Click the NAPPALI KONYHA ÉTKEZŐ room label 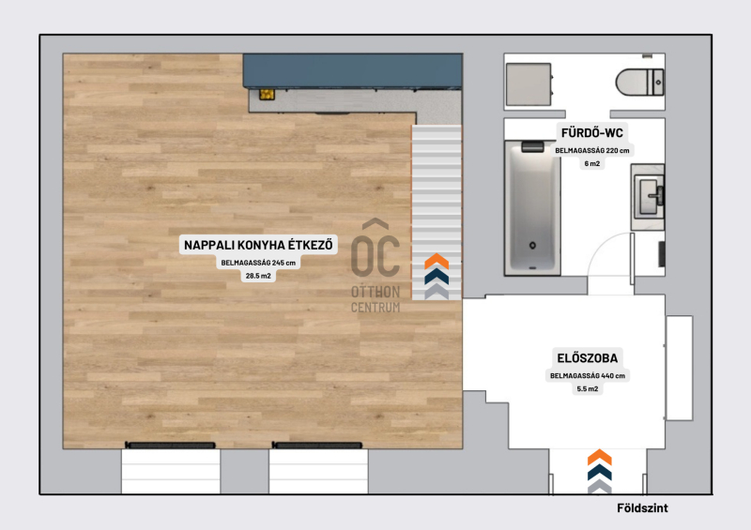pos(258,245)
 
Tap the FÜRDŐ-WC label pos(592,132)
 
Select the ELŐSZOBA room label pos(588,358)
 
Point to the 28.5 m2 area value pos(258,276)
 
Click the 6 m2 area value pos(592,164)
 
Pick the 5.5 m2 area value pos(588,388)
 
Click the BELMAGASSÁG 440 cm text pos(588,376)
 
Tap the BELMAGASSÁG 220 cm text pos(592,150)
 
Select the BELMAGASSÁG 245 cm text pos(258,263)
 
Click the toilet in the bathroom pos(640,83)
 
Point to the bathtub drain pos(532,246)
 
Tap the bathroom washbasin pos(649,197)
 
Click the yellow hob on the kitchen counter pos(267,95)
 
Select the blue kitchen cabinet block pos(353,71)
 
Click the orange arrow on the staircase pos(437,262)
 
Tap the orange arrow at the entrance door pos(600,457)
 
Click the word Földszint pos(642,508)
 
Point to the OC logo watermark pos(375,265)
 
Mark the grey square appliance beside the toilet pos(529,84)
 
